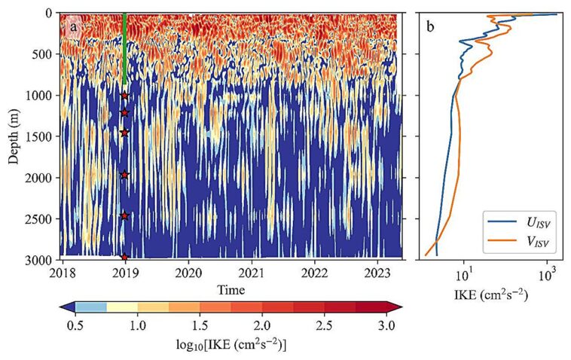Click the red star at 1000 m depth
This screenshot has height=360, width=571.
(124, 96)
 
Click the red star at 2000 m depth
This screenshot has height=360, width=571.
(124, 175)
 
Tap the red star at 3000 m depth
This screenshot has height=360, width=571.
(124, 257)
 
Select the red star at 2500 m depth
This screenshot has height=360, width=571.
(124, 216)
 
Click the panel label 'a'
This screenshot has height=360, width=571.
(73, 28)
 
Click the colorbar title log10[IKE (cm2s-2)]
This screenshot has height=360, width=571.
(230, 343)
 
